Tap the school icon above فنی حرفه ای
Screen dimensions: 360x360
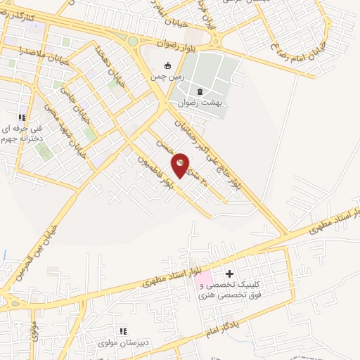pyautogui.click(x=22, y=117)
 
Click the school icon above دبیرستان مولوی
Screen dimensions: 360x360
pyautogui.click(x=122, y=330)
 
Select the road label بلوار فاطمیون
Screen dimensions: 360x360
pyautogui.click(x=155, y=164)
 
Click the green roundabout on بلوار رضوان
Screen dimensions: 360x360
pyautogui.click(x=133, y=41)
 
